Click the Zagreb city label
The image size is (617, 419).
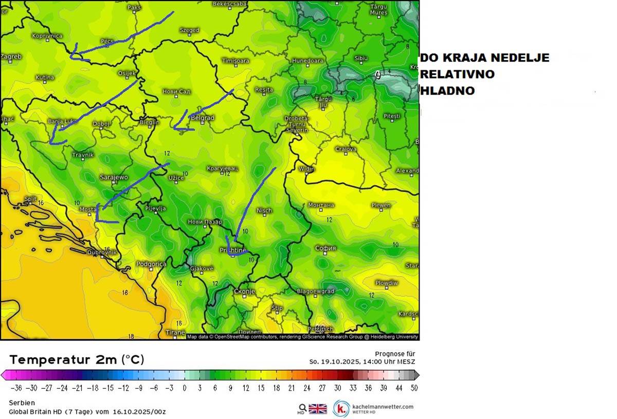11,56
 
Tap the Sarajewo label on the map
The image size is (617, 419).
114,177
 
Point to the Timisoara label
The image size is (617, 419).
235,61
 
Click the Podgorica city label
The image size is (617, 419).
151,264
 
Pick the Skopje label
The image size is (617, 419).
245,292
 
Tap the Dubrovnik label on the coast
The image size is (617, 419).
102,253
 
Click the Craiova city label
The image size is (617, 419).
346,149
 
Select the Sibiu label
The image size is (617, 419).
361,59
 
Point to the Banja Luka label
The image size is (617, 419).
62,122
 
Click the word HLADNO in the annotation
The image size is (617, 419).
447,91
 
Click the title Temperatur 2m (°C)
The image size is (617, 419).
77,359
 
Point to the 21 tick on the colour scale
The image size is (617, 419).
291,388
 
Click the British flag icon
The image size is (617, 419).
318,409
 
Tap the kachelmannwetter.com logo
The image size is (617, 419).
373,409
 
